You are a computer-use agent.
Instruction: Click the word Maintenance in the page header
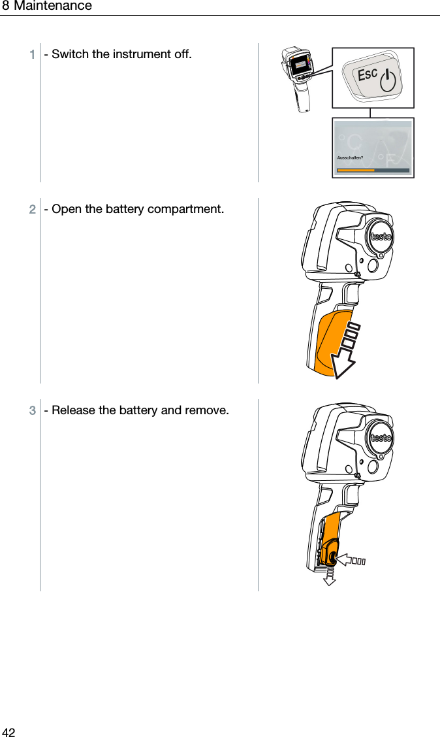(53, 7)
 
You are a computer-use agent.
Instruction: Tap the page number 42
(8, 732)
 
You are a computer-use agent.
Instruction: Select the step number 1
(32, 54)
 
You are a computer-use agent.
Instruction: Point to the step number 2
(32, 210)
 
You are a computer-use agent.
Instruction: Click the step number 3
(32, 411)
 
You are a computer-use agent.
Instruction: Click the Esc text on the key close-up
(368, 74)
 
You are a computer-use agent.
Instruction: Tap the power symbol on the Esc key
(388, 82)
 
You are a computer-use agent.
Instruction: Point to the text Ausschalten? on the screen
(350, 157)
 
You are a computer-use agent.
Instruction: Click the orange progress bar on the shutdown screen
(355, 171)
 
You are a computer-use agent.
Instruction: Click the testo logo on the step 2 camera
(381, 237)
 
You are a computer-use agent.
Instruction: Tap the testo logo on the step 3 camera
(381, 438)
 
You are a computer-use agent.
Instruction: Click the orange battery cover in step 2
(330, 343)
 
